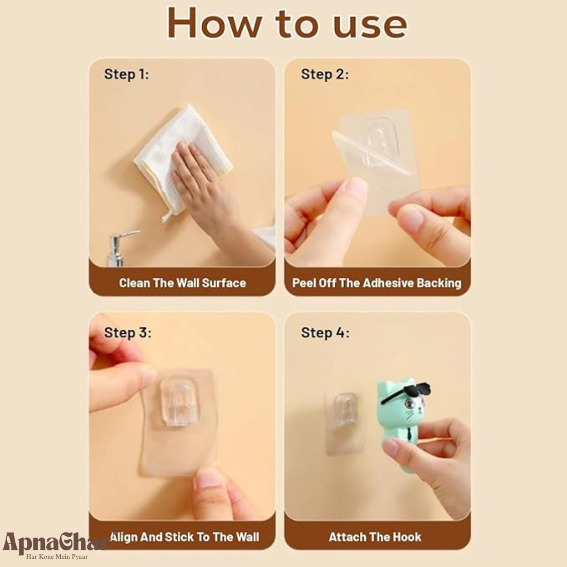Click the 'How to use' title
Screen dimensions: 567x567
tap(287, 23)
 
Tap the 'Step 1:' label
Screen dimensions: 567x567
tap(127, 74)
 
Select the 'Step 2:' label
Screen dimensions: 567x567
tap(325, 74)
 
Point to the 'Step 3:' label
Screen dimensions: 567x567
tap(128, 333)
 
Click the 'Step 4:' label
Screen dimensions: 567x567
tap(325, 333)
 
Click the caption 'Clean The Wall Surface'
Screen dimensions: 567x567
tap(182, 283)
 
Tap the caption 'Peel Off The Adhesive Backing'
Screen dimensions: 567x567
tap(376, 283)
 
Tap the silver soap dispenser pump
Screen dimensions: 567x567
tap(119, 249)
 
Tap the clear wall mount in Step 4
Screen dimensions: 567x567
tap(345, 422)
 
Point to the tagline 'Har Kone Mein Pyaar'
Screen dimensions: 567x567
tap(57, 557)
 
